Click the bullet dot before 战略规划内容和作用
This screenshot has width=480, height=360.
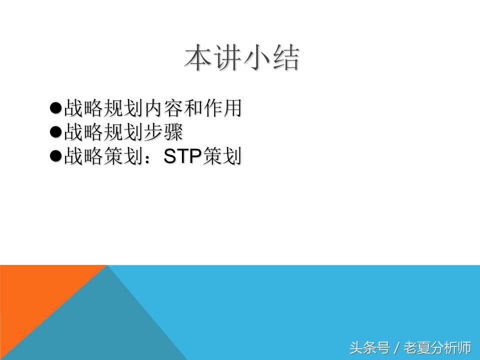tap(55, 107)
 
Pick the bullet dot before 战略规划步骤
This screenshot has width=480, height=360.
tap(55, 132)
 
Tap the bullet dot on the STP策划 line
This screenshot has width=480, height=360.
tap(55, 156)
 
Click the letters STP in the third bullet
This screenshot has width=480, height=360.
tap(183, 157)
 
